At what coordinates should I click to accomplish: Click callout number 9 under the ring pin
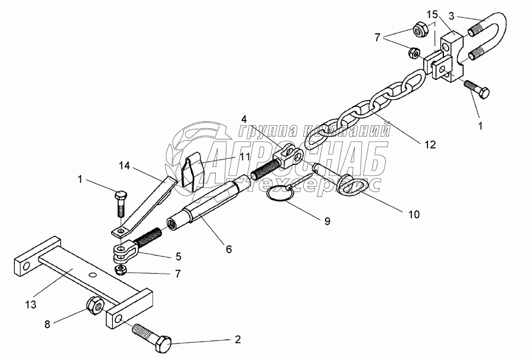click(327, 221)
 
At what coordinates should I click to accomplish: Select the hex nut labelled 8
click(95, 307)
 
